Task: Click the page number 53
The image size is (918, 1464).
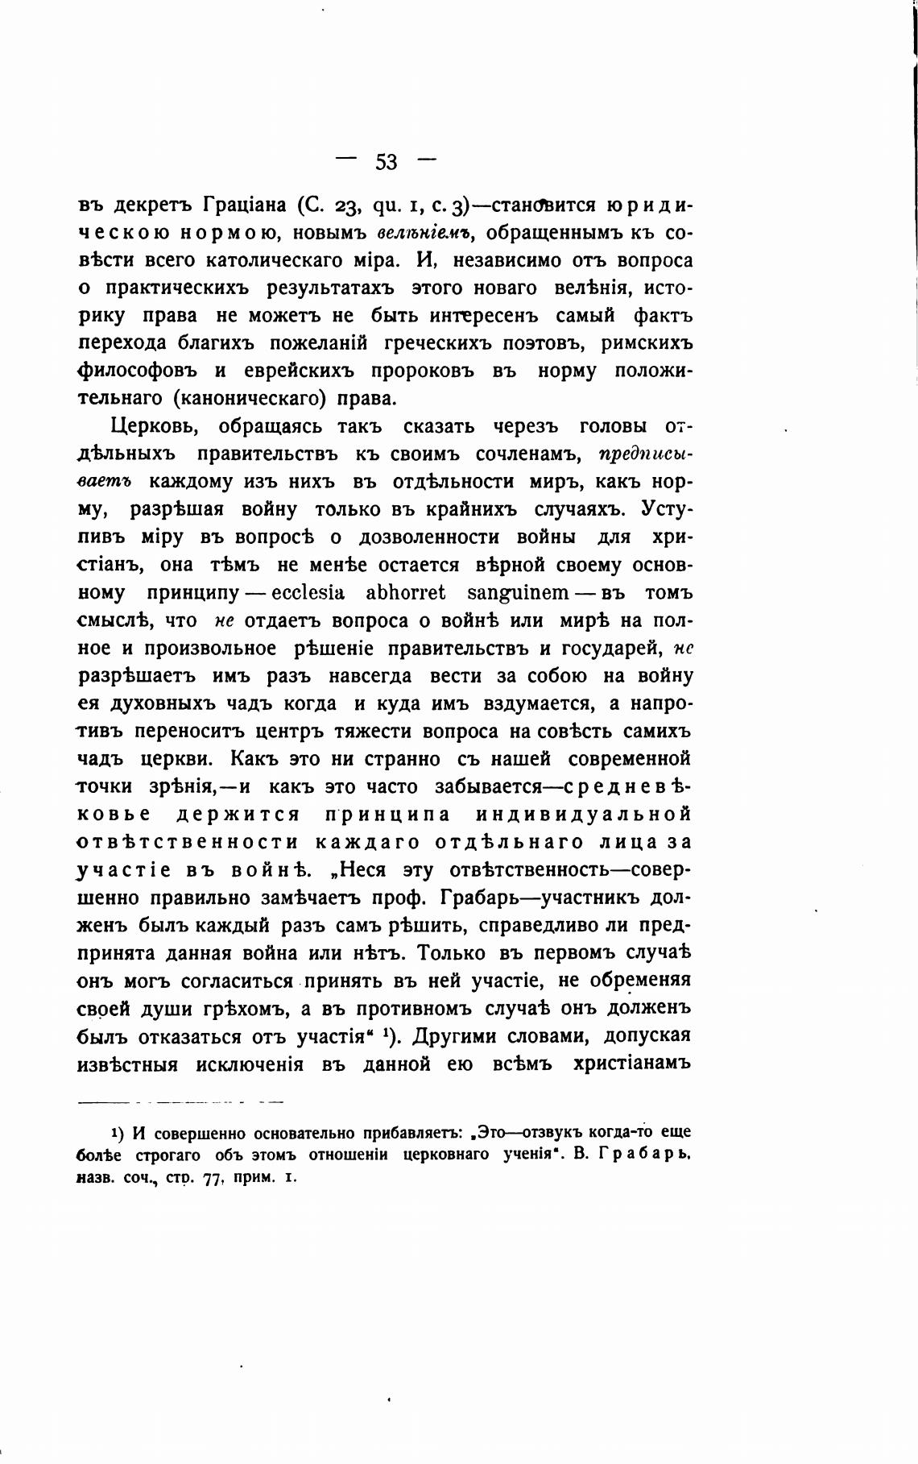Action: (386, 162)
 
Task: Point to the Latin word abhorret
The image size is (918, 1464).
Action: (406, 593)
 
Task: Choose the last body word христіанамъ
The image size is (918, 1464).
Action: (633, 1064)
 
